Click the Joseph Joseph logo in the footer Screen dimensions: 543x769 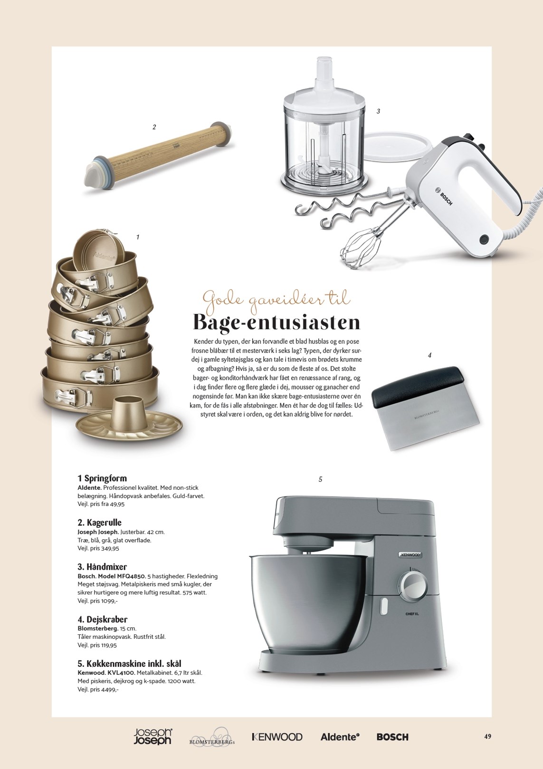pos(152,736)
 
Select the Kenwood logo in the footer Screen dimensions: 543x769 pos(277,737)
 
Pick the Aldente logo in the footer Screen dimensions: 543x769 pos(340,737)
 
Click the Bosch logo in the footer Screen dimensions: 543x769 pos(392,737)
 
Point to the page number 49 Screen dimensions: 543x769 pos(487,736)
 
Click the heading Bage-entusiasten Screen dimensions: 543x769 pos(276,322)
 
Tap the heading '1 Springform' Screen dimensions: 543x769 pos(102,478)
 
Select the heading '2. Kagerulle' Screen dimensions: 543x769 pos(99,522)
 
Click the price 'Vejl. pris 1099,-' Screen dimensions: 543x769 pos(97,601)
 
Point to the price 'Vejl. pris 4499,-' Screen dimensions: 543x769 pos(97,689)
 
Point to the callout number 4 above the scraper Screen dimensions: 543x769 pos(429,355)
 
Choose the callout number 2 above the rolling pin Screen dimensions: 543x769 pos(154,127)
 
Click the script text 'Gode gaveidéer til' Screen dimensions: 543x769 pos(276,298)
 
